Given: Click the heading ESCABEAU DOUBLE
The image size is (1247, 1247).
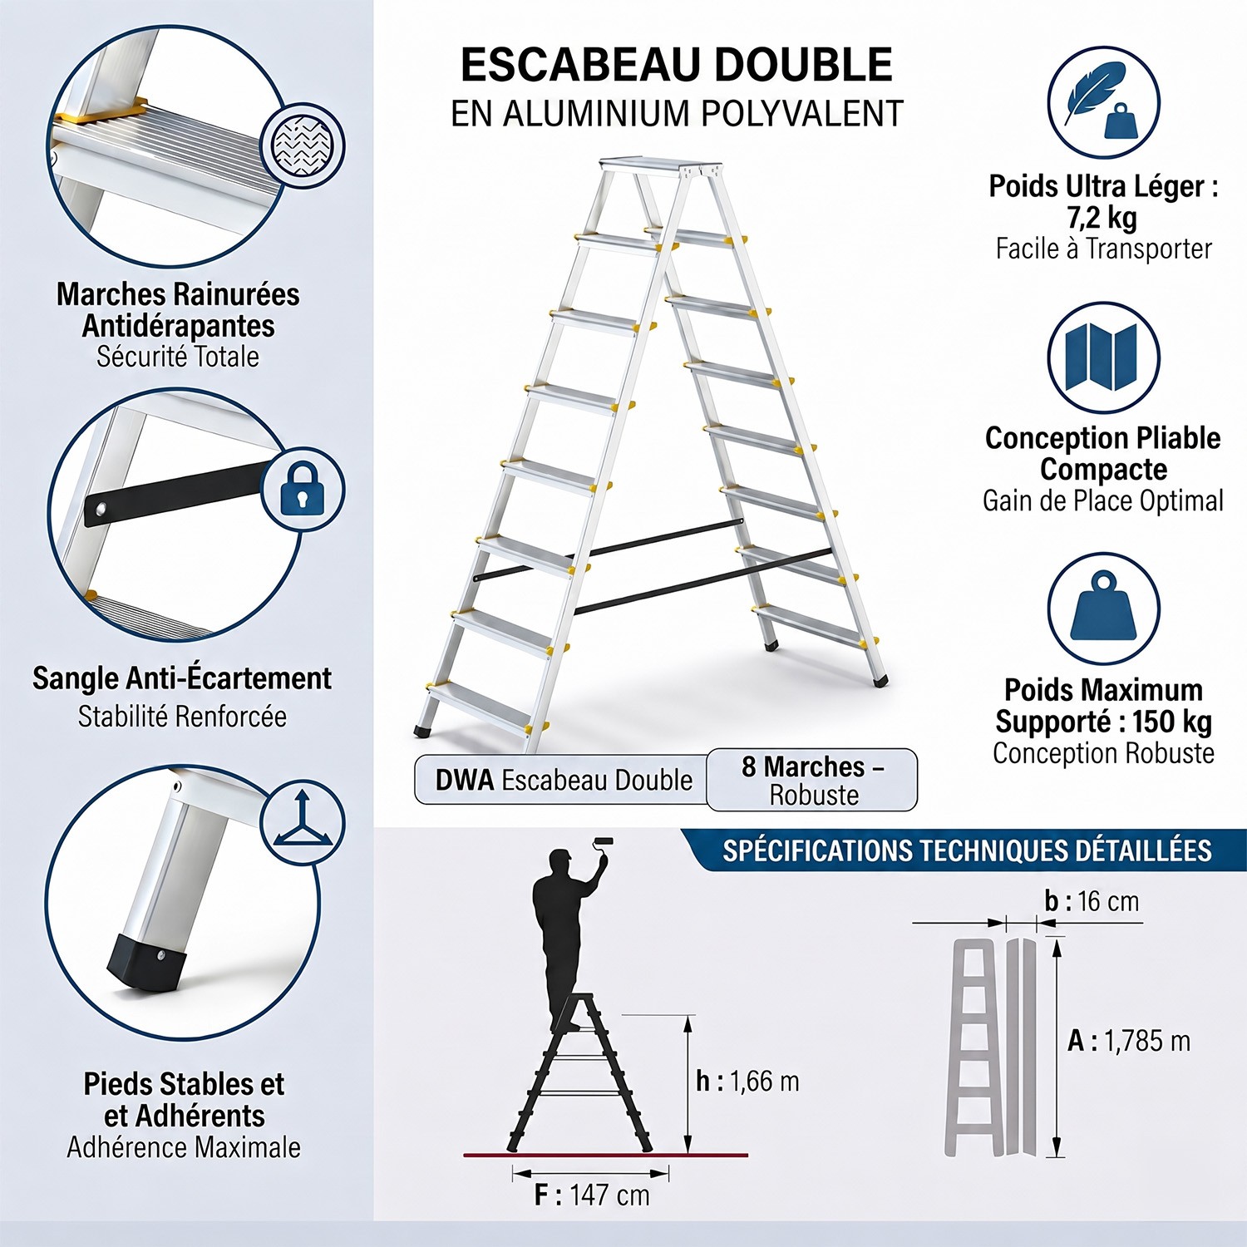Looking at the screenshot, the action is pyautogui.click(x=677, y=65).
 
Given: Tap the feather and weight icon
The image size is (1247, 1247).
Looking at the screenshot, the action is pyautogui.click(x=1103, y=102).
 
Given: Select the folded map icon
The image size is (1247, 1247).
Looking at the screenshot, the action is pyautogui.click(x=1103, y=357).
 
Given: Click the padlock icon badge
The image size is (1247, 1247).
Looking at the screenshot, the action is pyautogui.click(x=303, y=489).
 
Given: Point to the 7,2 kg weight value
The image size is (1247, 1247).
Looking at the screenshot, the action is pyautogui.click(x=1102, y=218).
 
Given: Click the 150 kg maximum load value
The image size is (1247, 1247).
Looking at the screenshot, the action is pyautogui.click(x=1172, y=721).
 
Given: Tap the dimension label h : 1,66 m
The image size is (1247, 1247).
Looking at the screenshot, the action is pyautogui.click(x=747, y=1081).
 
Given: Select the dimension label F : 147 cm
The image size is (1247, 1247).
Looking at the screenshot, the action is pyautogui.click(x=592, y=1195).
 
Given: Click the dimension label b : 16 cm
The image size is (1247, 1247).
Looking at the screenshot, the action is pyautogui.click(x=1092, y=901).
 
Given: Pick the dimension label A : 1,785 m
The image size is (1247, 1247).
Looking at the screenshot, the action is pyautogui.click(x=1129, y=1041).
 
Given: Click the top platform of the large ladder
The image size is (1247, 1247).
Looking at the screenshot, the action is pyautogui.click(x=660, y=165).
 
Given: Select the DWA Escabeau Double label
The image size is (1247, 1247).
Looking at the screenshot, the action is pyautogui.click(x=563, y=780).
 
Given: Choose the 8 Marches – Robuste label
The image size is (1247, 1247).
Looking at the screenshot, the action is pyautogui.click(x=812, y=780).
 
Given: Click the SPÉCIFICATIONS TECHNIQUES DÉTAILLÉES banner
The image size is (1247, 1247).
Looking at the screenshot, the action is pyautogui.click(x=967, y=850).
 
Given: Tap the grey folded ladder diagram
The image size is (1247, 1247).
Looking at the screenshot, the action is pyautogui.click(x=991, y=1047).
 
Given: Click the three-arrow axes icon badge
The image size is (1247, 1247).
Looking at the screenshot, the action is pyautogui.click(x=303, y=821).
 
